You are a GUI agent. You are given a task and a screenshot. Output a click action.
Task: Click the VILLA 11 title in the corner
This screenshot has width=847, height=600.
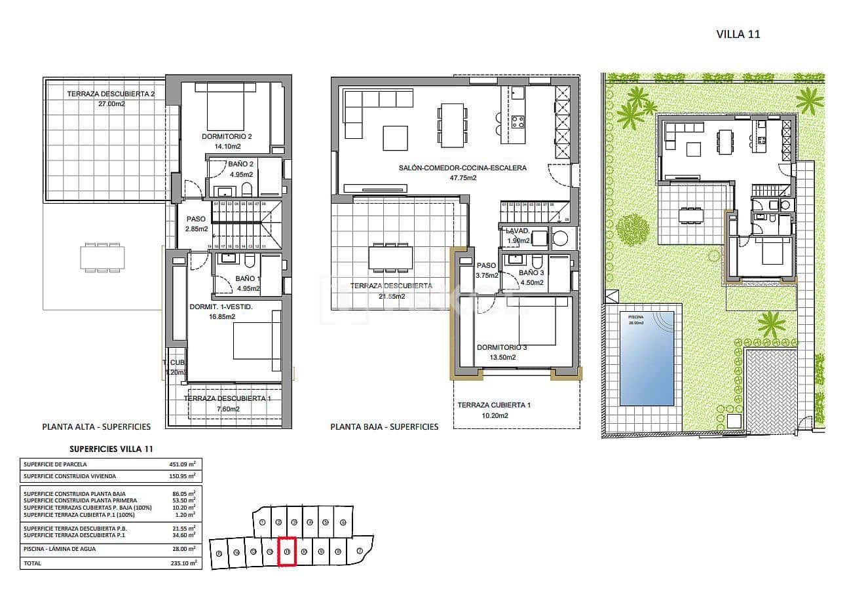(x=738, y=34)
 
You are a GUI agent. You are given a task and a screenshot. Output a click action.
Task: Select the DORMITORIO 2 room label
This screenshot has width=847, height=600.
(x=227, y=136)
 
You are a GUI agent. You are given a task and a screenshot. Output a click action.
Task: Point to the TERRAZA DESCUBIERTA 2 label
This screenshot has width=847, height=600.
(x=111, y=94)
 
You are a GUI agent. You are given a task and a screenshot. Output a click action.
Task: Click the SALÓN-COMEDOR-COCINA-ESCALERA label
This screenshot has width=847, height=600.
(x=462, y=168)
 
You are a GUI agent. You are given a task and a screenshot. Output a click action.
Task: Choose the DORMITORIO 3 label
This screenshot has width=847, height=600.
(x=502, y=347)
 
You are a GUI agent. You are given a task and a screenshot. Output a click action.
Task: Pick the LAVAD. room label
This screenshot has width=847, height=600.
(x=517, y=231)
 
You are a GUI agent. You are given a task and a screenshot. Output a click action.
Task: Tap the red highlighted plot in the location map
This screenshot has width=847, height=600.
(x=288, y=552)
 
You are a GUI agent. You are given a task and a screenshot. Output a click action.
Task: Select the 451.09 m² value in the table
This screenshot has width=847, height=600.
(x=182, y=464)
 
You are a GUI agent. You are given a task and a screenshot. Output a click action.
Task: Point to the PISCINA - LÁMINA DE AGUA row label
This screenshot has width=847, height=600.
(x=60, y=549)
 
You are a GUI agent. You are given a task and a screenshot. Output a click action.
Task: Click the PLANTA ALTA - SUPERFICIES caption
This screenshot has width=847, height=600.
(x=96, y=426)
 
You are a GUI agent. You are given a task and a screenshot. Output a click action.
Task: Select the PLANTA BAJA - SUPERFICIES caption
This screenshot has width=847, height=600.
(x=384, y=426)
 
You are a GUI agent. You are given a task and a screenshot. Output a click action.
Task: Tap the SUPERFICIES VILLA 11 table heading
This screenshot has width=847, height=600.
(x=111, y=449)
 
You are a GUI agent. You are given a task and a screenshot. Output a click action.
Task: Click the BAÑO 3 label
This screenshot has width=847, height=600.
(x=531, y=272)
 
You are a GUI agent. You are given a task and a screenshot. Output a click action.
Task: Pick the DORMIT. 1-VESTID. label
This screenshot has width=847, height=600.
(x=221, y=307)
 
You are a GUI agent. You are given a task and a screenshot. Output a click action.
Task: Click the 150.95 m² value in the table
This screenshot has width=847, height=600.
(x=182, y=476)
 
